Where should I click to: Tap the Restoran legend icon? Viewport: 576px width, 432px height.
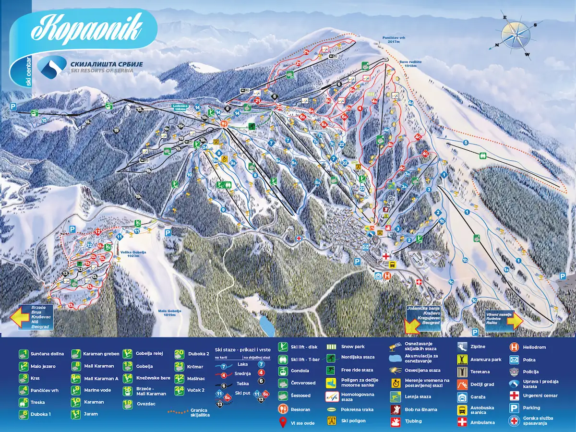pos(283,409)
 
